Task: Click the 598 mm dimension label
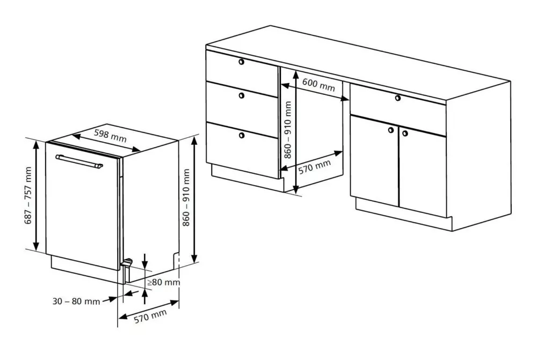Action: (x=110, y=136)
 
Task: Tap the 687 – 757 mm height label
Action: (x=28, y=195)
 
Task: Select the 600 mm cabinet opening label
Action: (x=318, y=85)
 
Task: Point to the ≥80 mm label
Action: (x=163, y=282)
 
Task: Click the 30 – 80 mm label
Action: (x=76, y=302)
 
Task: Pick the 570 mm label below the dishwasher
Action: (x=150, y=316)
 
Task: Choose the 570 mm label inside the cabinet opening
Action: (x=314, y=167)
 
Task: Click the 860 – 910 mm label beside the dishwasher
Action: (x=186, y=197)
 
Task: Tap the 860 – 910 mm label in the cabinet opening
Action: (x=288, y=130)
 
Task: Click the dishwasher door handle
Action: (x=79, y=161)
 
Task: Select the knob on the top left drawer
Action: (x=242, y=62)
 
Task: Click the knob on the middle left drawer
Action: (x=242, y=96)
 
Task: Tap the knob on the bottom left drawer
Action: (x=242, y=136)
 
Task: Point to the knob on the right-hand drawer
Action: (x=397, y=98)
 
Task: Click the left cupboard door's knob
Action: (x=391, y=130)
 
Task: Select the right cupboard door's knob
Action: (x=405, y=133)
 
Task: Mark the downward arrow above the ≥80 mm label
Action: (x=145, y=261)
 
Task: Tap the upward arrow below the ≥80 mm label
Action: (x=145, y=296)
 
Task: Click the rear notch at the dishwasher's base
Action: (x=176, y=260)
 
